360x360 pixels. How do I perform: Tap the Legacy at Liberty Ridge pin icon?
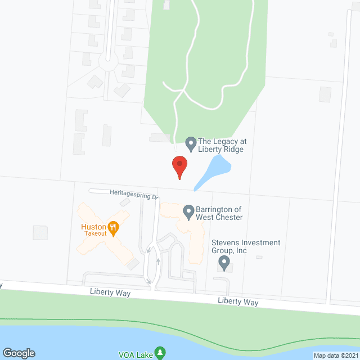point(191,142)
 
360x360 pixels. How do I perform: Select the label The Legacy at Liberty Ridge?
point(222,145)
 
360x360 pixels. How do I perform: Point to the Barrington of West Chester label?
point(219,213)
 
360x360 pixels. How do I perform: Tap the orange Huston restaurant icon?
point(114,227)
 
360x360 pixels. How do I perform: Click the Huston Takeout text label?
point(93,229)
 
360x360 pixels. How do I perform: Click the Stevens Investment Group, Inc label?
point(245,246)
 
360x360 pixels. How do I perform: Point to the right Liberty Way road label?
point(238,302)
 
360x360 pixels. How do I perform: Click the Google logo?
point(18,353)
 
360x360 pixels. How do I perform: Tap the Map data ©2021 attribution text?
point(335,355)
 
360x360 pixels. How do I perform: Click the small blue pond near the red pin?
point(213,170)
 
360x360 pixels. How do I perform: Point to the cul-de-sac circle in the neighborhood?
point(107,60)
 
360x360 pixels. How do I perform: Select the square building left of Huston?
point(40,232)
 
